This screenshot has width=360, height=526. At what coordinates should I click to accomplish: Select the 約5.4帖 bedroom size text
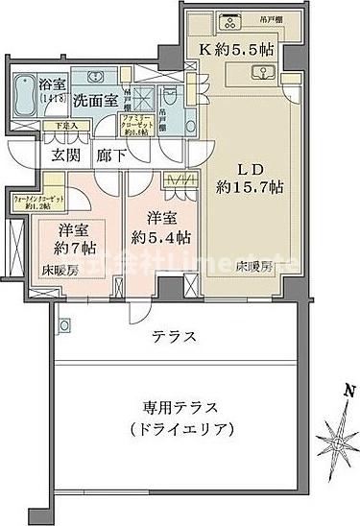[x=155, y=237]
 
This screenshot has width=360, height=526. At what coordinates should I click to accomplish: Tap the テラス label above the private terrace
[x=176, y=337]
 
